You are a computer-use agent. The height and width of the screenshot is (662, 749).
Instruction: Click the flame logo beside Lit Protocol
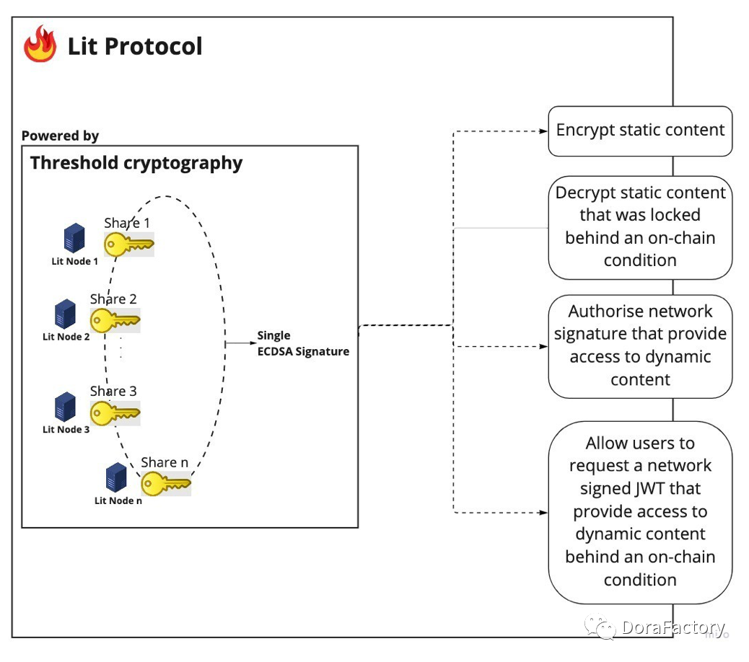pyautogui.click(x=40, y=44)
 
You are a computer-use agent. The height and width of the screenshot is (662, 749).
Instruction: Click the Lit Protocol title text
pyautogui.click(x=135, y=46)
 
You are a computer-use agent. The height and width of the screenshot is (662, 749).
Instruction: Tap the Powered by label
pyautogui.click(x=60, y=136)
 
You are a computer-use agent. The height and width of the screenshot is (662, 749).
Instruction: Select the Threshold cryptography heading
pyautogui.click(x=136, y=163)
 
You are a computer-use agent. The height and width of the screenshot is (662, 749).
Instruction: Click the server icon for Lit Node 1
pyautogui.click(x=74, y=238)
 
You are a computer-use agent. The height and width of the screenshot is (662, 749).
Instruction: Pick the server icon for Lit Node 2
pyautogui.click(x=65, y=314)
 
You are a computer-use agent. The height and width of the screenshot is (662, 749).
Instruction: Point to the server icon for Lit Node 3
pyautogui.click(x=65, y=406)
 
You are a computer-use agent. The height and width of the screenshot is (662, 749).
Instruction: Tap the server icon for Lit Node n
pyautogui.click(x=116, y=477)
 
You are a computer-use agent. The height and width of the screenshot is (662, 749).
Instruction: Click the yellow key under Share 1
pyautogui.click(x=129, y=244)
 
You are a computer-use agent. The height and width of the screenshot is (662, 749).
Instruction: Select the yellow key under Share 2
pyautogui.click(x=115, y=320)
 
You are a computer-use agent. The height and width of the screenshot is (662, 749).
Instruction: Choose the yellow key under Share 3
pyautogui.click(x=115, y=413)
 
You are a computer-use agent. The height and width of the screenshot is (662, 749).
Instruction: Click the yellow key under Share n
pyautogui.click(x=166, y=484)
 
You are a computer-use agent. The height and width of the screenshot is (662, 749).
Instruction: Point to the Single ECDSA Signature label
pyautogui.click(x=303, y=343)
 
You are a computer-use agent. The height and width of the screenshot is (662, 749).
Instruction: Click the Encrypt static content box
pyautogui.click(x=640, y=131)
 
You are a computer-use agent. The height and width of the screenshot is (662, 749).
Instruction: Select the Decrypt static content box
pyautogui.click(x=640, y=228)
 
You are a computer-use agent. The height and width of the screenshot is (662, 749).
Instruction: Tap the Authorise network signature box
pyautogui.click(x=640, y=347)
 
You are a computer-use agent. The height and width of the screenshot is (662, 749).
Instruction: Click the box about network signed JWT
pyautogui.click(x=640, y=513)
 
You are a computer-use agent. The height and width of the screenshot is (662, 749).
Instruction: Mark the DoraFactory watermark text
pyautogui.click(x=673, y=627)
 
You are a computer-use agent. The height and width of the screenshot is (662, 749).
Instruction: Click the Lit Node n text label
pyautogui.click(x=118, y=500)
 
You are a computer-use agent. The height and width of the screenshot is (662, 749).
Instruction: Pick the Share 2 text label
pyautogui.click(x=113, y=299)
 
